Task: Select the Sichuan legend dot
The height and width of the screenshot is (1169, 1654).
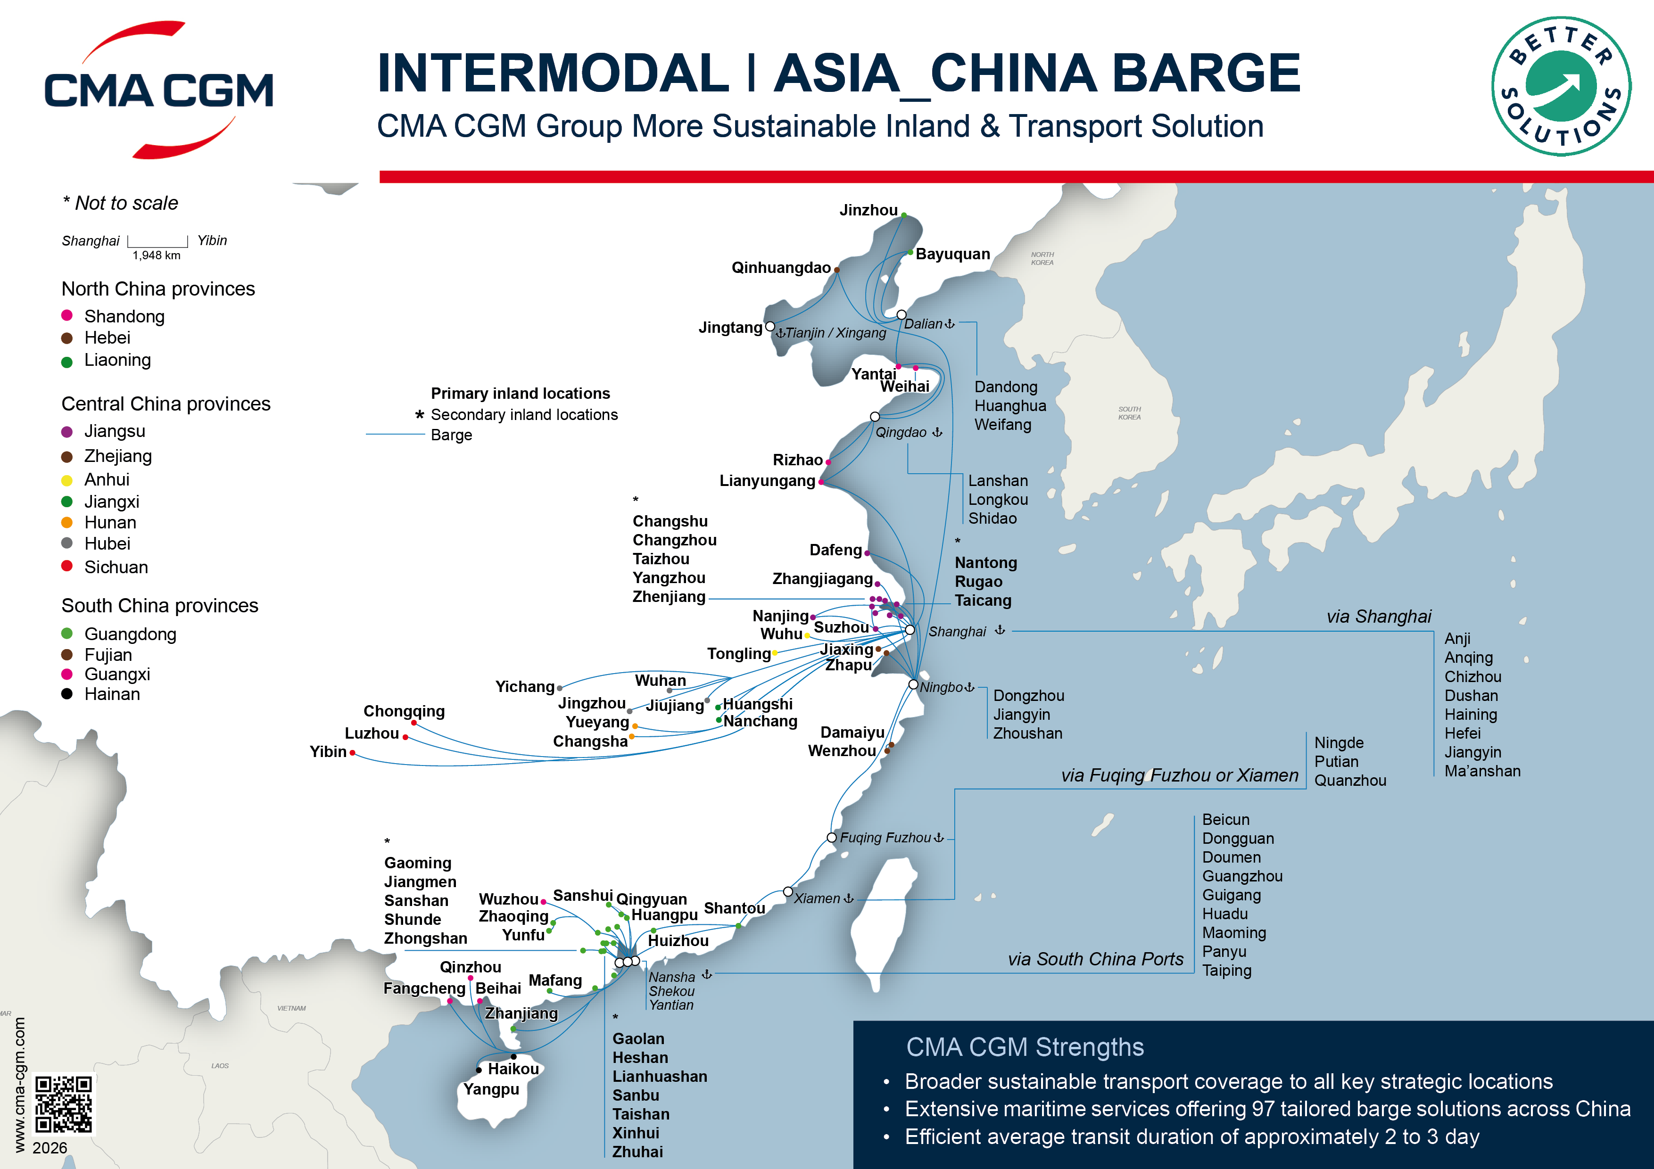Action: (x=67, y=566)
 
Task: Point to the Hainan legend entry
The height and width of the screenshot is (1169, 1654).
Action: (x=112, y=694)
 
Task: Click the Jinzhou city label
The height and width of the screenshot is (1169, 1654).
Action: (x=868, y=210)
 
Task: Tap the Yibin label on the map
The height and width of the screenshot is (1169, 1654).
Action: (x=328, y=752)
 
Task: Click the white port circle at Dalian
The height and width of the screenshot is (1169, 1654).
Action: (x=901, y=315)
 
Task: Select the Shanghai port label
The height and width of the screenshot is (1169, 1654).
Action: (x=957, y=632)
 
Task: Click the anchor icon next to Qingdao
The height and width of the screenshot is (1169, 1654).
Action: (x=937, y=432)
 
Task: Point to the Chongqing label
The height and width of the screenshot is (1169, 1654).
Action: (x=404, y=712)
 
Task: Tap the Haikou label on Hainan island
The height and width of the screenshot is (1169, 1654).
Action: (x=513, y=1069)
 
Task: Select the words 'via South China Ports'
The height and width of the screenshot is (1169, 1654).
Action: (x=1095, y=959)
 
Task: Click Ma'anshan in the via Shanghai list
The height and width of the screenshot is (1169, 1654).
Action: (x=1482, y=772)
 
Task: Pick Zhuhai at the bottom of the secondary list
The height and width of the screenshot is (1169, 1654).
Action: (x=637, y=1152)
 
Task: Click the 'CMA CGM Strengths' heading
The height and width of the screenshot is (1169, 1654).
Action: (x=1025, y=1047)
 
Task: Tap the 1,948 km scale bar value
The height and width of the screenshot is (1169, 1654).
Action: (x=157, y=255)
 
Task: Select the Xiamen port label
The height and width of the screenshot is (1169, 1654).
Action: (x=817, y=899)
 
